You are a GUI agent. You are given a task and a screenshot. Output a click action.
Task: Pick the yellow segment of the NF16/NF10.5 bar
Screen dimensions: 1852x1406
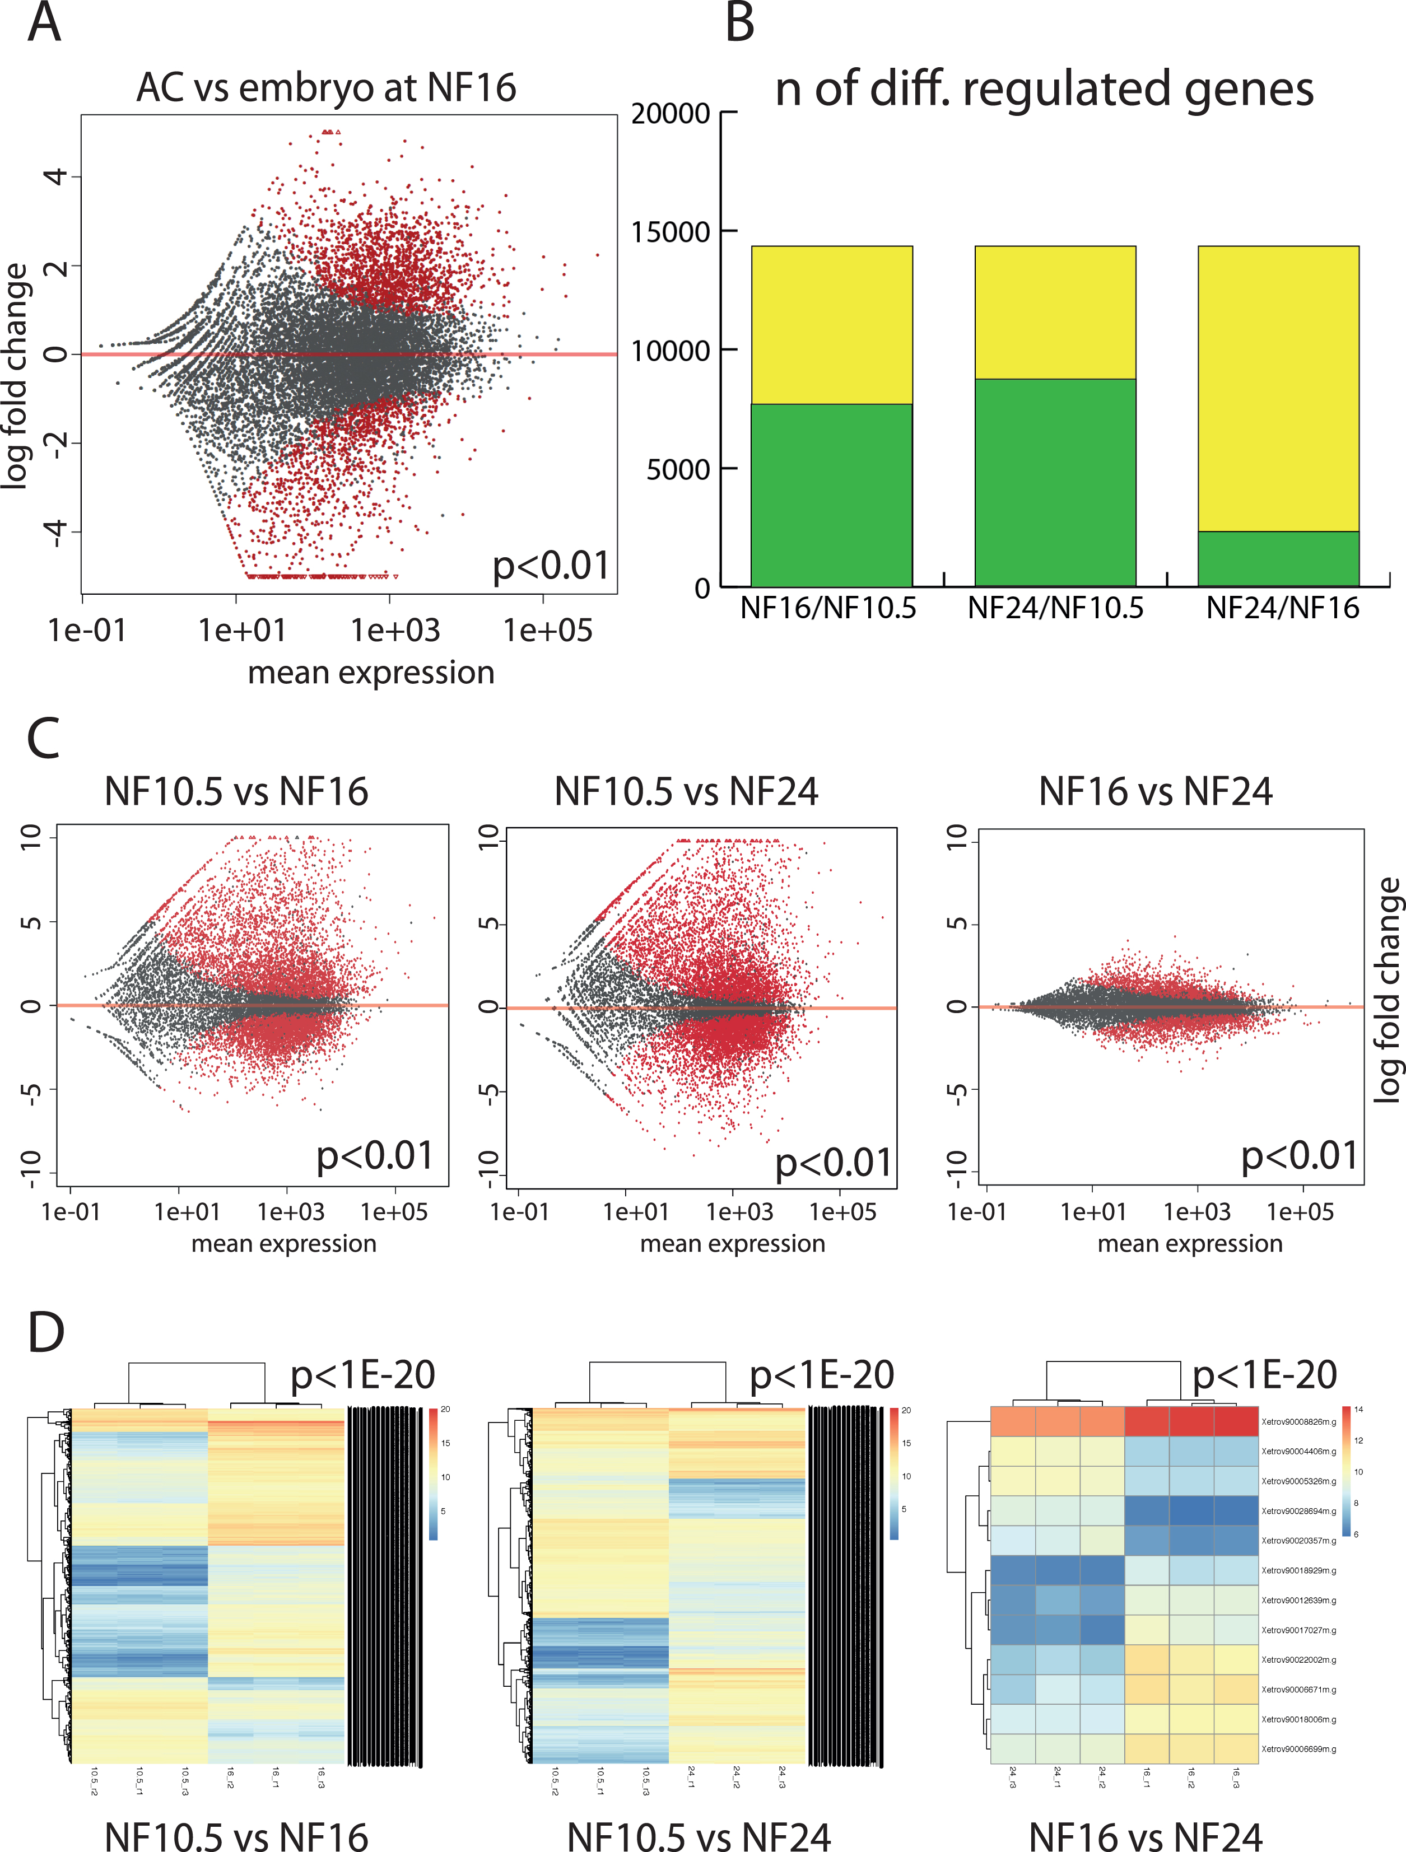click(x=831, y=325)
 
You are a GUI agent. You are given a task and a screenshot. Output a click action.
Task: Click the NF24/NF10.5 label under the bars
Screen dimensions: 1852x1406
click(x=1055, y=608)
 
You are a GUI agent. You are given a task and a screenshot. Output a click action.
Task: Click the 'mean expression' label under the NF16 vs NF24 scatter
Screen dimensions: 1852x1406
click(x=1189, y=1243)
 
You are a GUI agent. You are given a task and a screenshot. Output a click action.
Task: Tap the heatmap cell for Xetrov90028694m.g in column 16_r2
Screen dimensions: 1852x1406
click(x=1191, y=1512)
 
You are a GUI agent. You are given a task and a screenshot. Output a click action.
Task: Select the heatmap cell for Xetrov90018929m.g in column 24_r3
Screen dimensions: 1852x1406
click(x=1012, y=1571)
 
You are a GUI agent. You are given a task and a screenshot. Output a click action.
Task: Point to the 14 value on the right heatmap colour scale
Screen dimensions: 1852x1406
click(x=1358, y=1410)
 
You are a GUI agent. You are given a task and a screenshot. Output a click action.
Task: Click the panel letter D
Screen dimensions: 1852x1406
click(x=45, y=1332)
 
